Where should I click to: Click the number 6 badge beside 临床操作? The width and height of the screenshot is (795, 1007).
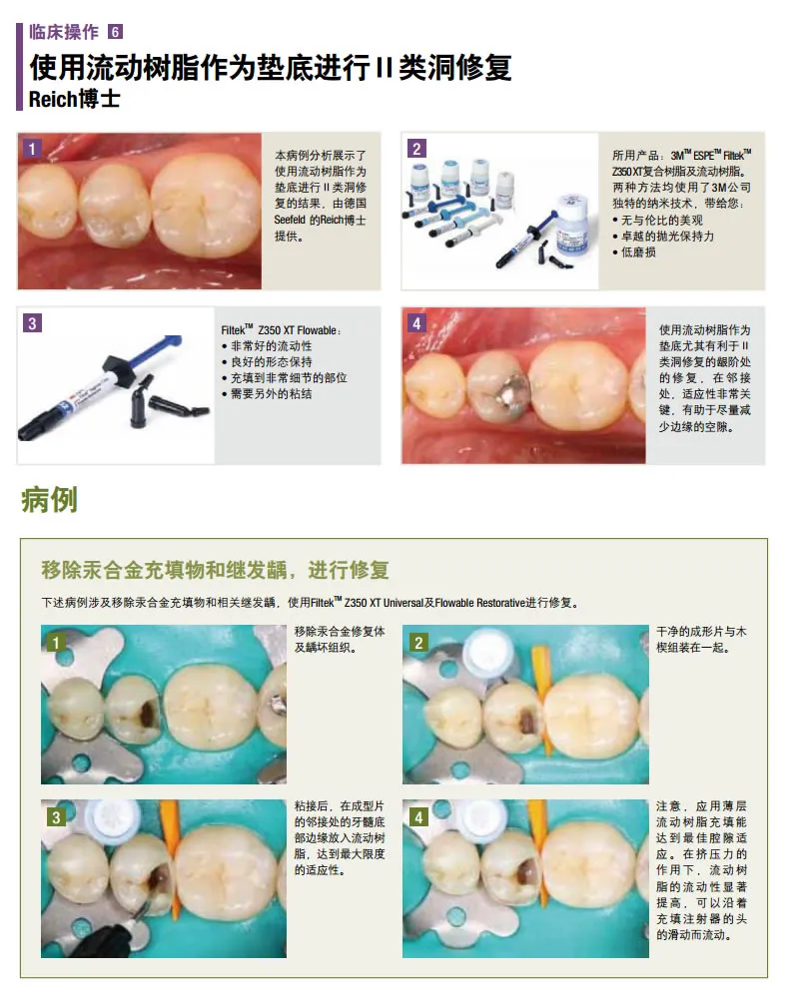click(x=115, y=32)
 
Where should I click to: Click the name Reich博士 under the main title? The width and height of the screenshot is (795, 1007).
click(x=75, y=99)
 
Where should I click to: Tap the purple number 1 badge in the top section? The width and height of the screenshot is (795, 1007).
click(x=32, y=149)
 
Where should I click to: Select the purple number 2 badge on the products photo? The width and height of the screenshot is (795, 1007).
click(x=416, y=149)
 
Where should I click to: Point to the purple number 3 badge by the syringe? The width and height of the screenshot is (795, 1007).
click(x=32, y=322)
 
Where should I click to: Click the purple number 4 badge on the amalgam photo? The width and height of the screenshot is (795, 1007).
click(x=416, y=322)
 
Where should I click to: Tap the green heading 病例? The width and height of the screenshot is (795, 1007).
click(x=50, y=500)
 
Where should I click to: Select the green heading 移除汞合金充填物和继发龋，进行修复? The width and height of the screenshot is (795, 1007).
click(x=216, y=570)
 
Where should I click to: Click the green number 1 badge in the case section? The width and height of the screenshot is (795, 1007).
click(x=56, y=643)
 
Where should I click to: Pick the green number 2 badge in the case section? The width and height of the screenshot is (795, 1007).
click(x=418, y=643)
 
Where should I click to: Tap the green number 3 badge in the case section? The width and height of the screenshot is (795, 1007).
click(x=56, y=817)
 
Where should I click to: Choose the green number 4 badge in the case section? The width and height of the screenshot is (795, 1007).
click(x=418, y=817)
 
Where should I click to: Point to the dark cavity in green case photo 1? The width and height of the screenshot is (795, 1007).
click(x=149, y=713)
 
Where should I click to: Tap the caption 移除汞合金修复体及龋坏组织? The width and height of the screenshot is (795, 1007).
click(x=340, y=640)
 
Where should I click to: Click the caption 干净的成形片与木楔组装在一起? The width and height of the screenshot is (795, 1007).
click(x=701, y=640)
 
